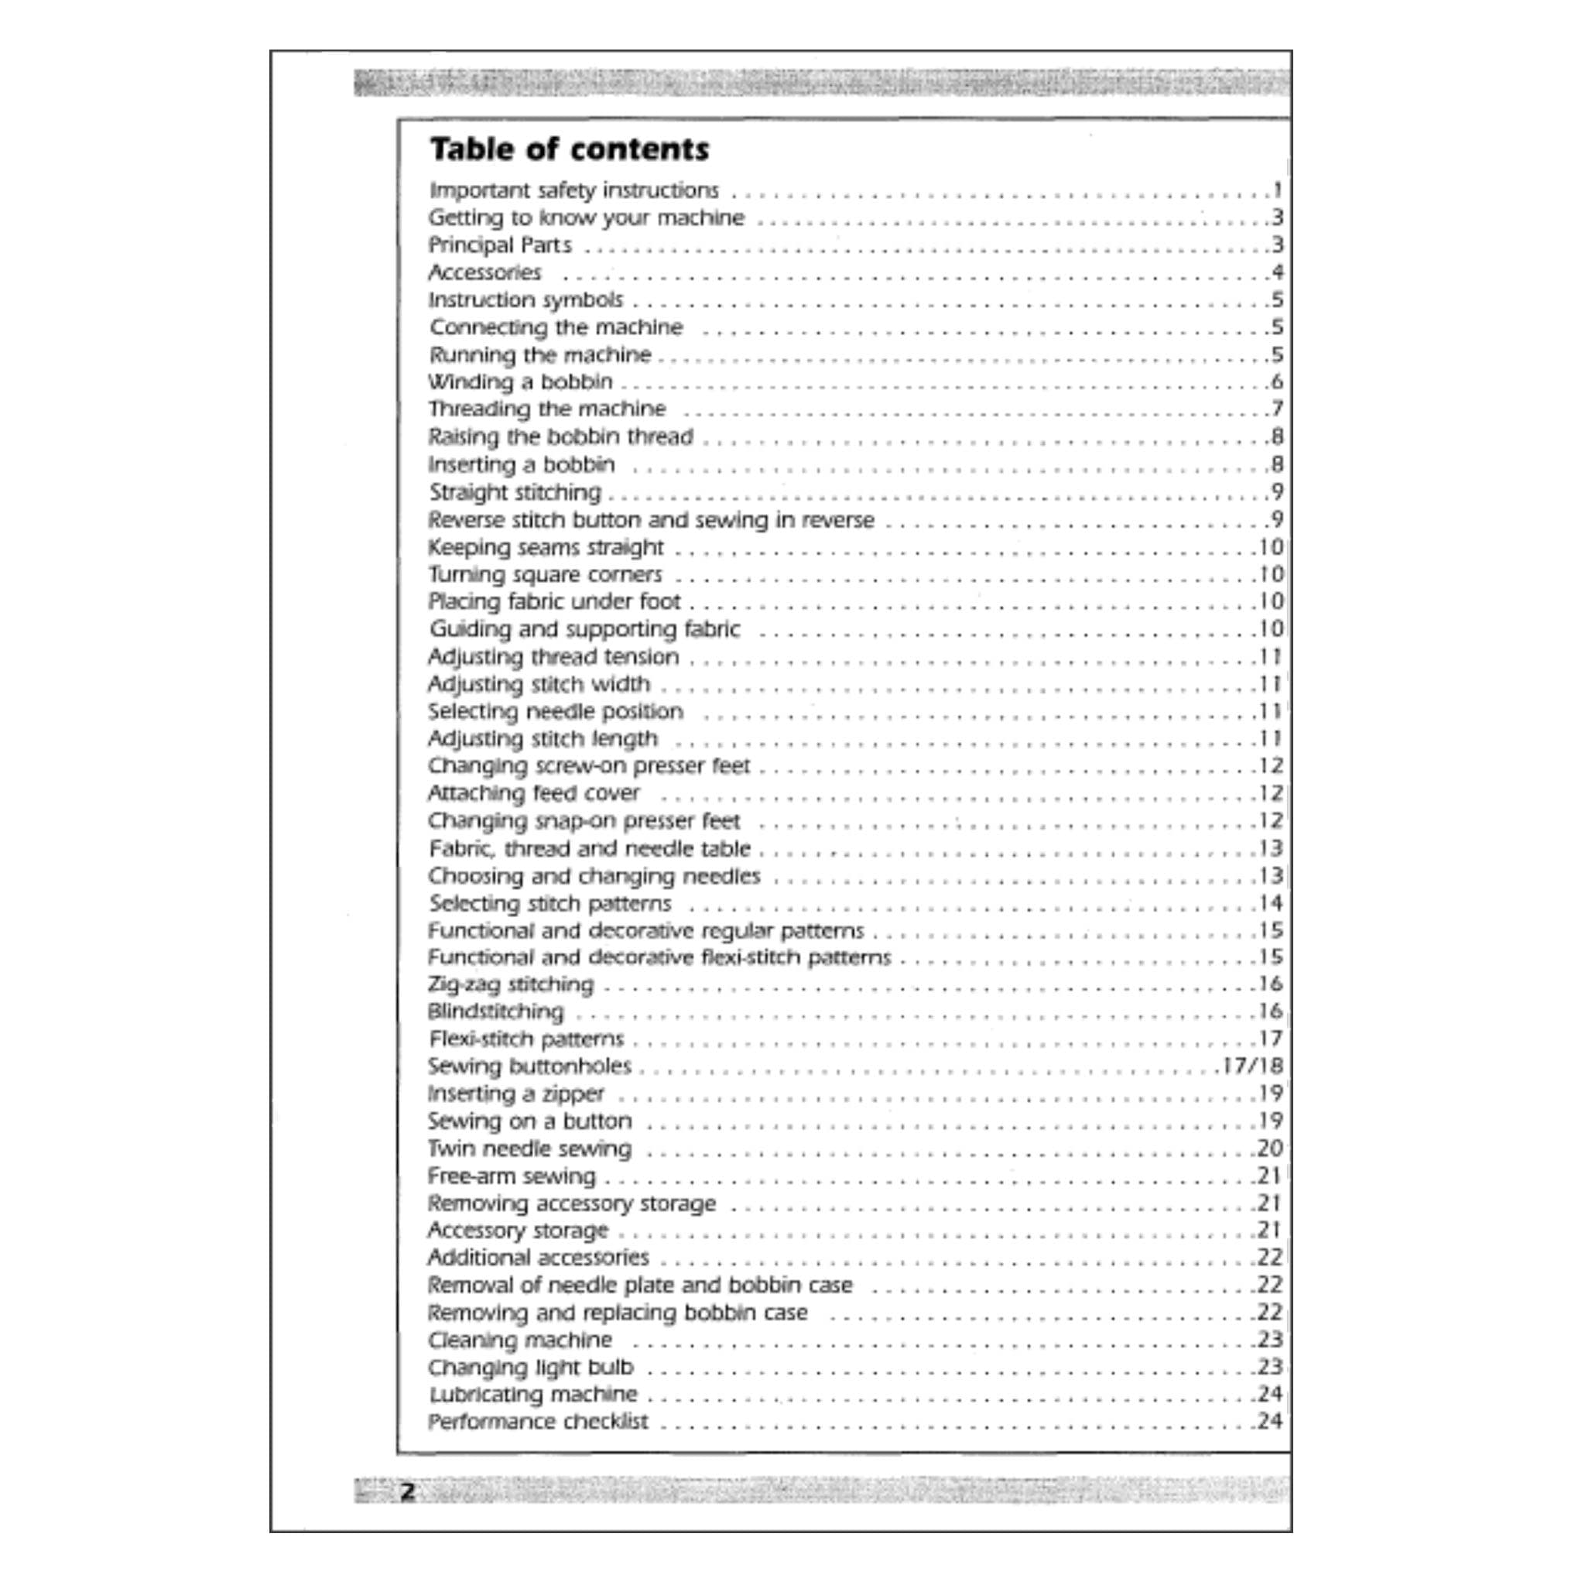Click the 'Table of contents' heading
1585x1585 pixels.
570,149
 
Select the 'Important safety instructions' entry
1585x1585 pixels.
573,190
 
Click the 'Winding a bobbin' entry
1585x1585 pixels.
520,382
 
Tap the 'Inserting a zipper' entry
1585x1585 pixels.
516,1094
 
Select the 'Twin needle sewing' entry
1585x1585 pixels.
530,1149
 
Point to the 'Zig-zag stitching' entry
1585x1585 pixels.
510,984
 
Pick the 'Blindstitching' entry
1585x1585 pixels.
496,1012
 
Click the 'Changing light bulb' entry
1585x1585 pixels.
531,1368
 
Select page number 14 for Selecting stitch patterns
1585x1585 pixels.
1271,903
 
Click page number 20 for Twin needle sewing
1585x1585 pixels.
1270,1149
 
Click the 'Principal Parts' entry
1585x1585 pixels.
501,245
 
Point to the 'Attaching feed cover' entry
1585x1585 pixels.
534,793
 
